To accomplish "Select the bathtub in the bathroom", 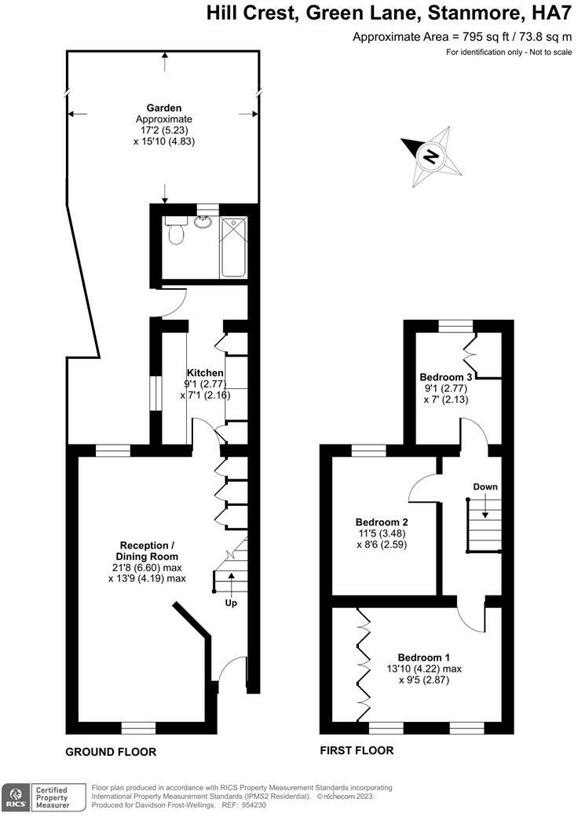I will tap(233, 247).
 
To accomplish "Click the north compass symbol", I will tap(431, 156).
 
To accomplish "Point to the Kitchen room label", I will tap(205, 372).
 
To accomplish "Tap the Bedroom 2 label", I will tap(381, 522).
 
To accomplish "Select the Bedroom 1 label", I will tap(424, 658).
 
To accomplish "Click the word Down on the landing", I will tap(485, 487).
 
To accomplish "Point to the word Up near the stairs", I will tap(231, 603).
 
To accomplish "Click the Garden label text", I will tap(164, 108).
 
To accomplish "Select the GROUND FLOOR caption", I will tap(111, 752).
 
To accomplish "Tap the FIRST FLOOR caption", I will tap(357, 751).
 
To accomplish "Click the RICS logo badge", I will tap(16, 798).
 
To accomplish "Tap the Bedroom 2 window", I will tap(368, 450).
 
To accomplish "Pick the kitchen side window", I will tap(155, 391).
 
